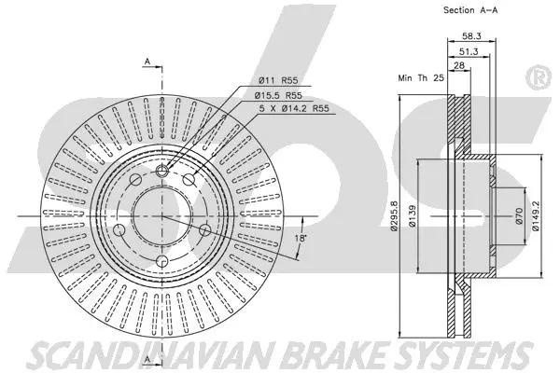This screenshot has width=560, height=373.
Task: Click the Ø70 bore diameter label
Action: coord(517,217)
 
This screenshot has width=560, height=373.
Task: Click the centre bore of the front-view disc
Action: coord(161,216)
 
